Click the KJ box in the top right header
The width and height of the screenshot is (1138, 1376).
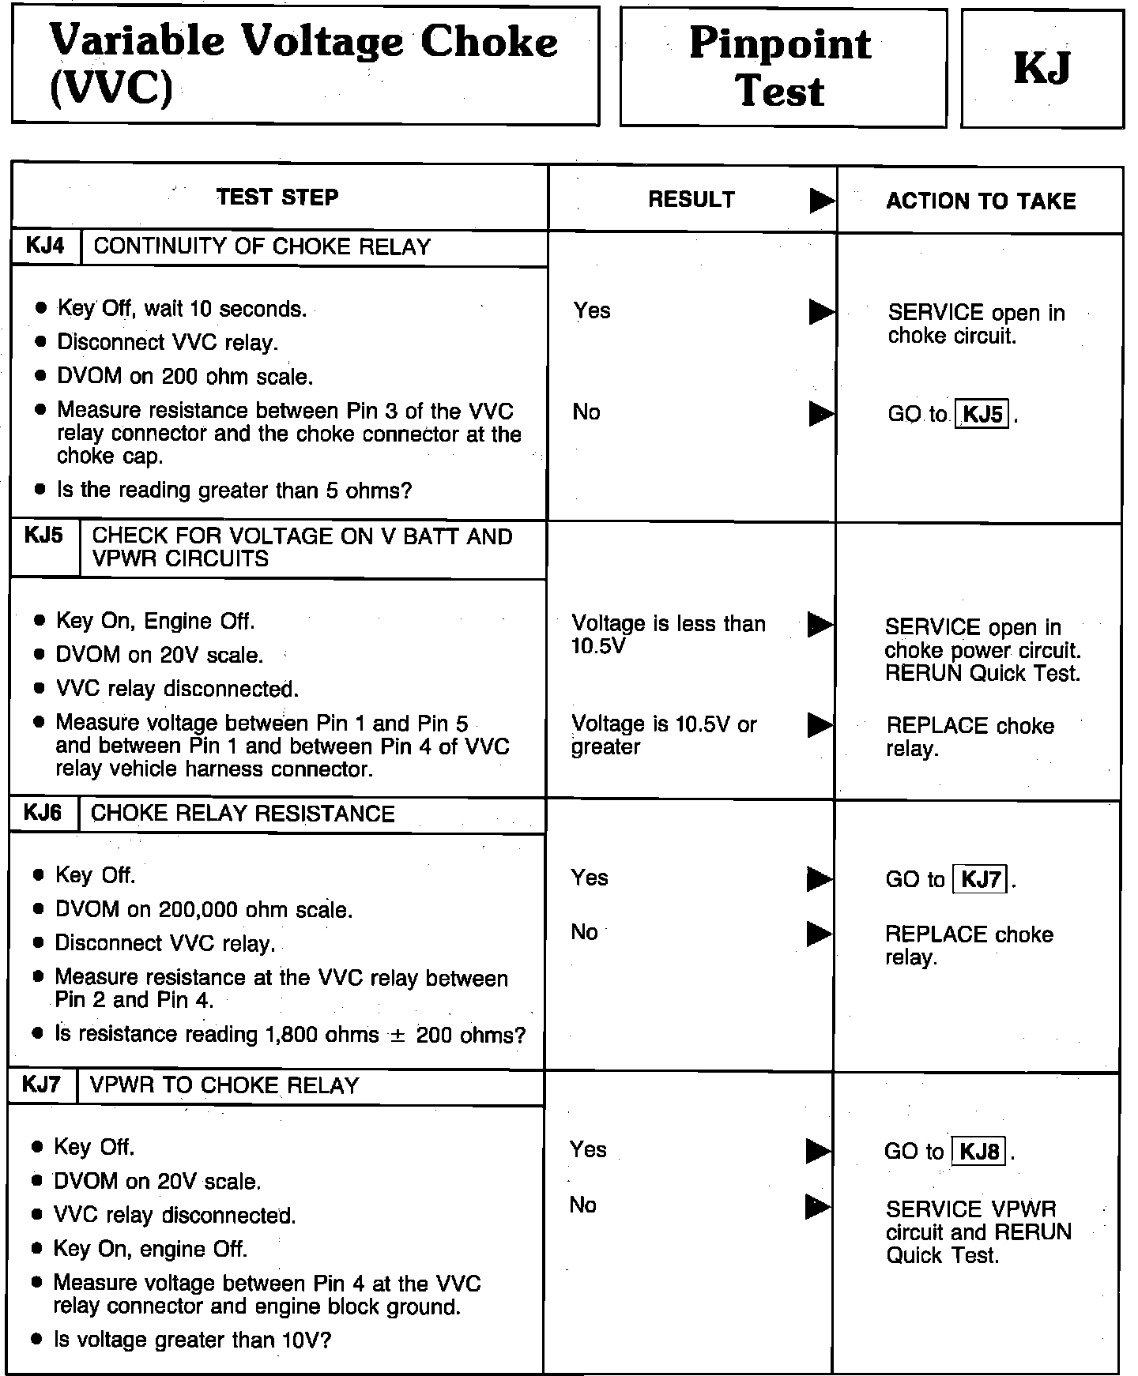[x=1042, y=68]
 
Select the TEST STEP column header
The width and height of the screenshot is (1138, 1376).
[x=277, y=197]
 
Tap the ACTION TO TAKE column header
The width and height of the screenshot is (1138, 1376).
[x=981, y=201]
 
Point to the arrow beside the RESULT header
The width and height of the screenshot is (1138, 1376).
[x=822, y=201]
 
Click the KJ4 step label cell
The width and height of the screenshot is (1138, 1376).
[x=45, y=246]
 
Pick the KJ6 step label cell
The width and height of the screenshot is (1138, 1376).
[x=43, y=814]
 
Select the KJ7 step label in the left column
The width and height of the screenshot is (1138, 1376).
[x=41, y=1085]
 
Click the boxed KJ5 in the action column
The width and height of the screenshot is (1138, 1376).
[x=983, y=415]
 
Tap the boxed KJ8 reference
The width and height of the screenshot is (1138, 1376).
[x=980, y=1152]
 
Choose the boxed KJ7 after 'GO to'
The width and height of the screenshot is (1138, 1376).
[x=982, y=879]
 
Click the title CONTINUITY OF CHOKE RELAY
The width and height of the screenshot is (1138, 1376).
[x=262, y=247]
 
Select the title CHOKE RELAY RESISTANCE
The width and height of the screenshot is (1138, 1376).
[x=243, y=814]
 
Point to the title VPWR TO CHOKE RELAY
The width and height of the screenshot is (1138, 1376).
[x=225, y=1086]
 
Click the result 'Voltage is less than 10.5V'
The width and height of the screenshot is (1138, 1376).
[x=669, y=634]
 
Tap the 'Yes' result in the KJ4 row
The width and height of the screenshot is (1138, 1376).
[x=592, y=310]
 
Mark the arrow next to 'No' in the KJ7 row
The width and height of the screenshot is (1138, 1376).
[x=818, y=1206]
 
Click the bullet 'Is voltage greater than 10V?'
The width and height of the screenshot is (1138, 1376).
[x=192, y=1340]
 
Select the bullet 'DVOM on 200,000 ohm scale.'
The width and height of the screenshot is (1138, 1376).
[x=204, y=910]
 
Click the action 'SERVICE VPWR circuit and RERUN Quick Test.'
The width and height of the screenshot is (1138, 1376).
[x=978, y=1232]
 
